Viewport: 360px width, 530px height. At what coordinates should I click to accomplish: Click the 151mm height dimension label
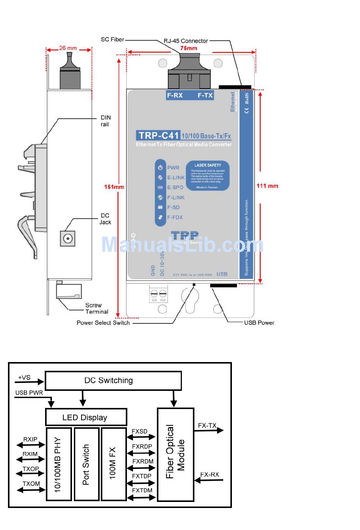[x=114, y=187]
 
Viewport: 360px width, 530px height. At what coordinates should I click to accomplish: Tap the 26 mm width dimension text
[x=68, y=48]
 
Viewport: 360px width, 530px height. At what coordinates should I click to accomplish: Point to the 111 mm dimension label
[x=267, y=186]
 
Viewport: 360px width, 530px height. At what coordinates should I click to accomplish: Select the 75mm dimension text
[x=188, y=48]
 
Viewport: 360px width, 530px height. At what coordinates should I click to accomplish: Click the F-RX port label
[x=175, y=96]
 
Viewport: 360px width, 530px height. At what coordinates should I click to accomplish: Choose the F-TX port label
[x=205, y=96]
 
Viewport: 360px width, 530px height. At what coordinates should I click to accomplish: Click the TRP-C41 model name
[x=158, y=135]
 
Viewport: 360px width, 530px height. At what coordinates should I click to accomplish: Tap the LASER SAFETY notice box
[x=208, y=176]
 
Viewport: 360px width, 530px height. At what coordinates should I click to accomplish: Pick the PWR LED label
[x=173, y=168]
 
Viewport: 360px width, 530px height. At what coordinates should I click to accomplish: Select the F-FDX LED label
[x=175, y=217]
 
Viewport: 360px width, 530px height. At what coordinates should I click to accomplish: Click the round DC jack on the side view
[x=68, y=238]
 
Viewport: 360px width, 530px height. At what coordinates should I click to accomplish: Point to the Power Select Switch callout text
[x=103, y=323]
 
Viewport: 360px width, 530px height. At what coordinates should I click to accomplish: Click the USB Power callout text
[x=259, y=323]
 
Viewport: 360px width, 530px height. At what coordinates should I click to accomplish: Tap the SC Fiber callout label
[x=113, y=39]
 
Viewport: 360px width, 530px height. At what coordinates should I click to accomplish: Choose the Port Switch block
[x=86, y=464]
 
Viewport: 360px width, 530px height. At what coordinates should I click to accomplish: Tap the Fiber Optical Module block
[x=175, y=455]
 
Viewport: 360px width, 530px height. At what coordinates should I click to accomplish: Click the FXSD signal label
[x=139, y=431]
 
